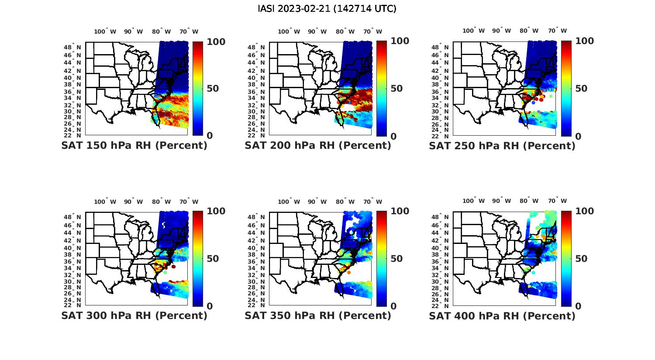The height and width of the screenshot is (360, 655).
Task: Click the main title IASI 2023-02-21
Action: click(327, 9)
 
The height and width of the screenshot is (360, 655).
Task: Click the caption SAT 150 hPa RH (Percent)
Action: click(134, 146)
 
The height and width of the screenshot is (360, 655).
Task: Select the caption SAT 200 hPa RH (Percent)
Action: click(318, 146)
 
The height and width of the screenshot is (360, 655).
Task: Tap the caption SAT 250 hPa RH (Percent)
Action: click(502, 146)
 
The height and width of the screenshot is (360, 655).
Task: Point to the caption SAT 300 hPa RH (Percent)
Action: click(134, 315)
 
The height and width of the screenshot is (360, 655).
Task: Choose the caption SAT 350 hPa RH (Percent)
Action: click(318, 315)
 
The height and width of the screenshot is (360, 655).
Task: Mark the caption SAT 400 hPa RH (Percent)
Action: click(502, 315)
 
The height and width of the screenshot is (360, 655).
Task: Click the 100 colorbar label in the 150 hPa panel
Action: click(216, 42)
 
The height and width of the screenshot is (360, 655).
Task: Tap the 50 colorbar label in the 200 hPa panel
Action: click(396, 89)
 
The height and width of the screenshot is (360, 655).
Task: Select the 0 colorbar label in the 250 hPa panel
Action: click(578, 136)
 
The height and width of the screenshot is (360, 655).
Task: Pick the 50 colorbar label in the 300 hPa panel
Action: click(213, 259)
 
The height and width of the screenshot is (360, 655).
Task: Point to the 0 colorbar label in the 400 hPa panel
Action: click(578, 306)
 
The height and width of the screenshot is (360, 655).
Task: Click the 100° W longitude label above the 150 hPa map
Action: click(105, 31)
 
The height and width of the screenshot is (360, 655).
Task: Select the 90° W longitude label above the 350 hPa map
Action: click(317, 202)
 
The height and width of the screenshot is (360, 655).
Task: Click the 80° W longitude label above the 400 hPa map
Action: click(529, 201)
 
